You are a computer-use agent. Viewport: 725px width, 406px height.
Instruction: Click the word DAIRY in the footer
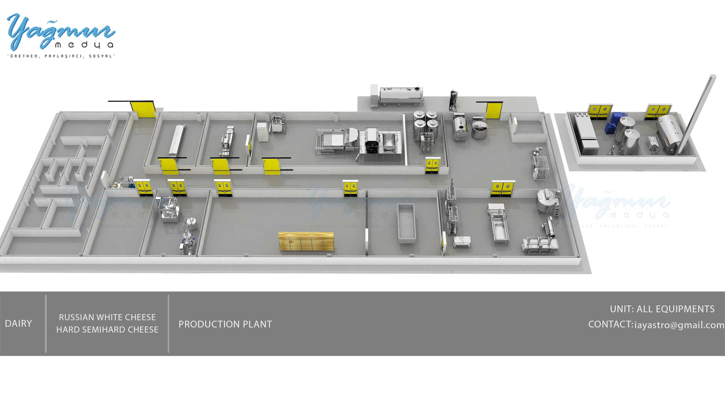[x=18, y=324]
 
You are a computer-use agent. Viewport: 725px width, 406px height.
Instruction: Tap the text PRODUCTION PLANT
[x=225, y=324]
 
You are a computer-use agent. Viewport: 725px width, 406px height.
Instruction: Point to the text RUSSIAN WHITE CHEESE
[x=107, y=317]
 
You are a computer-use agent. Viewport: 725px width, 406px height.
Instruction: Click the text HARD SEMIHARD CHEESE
[x=107, y=329]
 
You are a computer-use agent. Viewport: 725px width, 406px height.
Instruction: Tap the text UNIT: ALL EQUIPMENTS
[x=662, y=309]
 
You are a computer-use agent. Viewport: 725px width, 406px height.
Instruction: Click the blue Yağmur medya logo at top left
[x=60, y=32]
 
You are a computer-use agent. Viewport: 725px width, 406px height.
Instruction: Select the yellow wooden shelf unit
[x=306, y=241]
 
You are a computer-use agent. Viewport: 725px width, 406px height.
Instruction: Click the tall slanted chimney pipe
[x=698, y=113]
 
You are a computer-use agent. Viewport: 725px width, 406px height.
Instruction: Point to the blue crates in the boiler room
[x=614, y=124]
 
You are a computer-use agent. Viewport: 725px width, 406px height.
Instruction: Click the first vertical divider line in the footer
[x=46, y=324]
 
